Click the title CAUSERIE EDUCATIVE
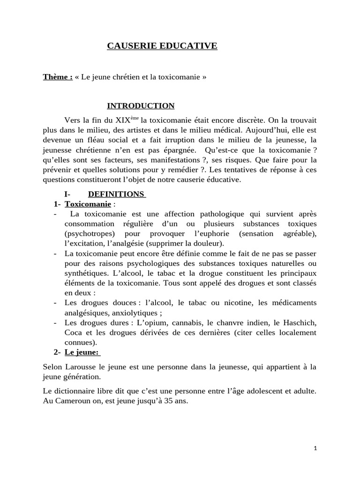[162, 45]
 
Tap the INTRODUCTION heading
[141, 105]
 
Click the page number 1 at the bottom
[315, 448]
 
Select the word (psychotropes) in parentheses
[88, 233]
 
